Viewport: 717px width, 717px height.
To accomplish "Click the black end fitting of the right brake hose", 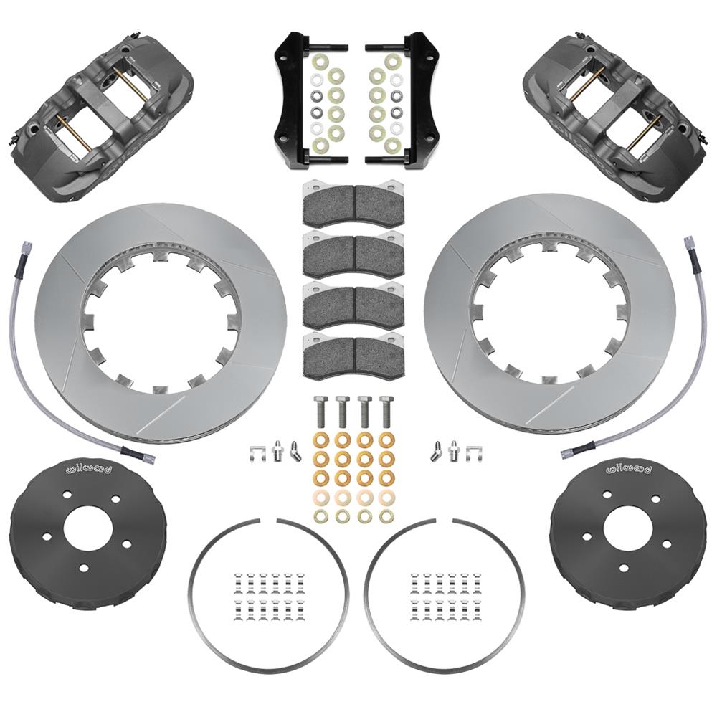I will (x=571, y=452).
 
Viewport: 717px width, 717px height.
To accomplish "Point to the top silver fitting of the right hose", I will (x=690, y=242).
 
